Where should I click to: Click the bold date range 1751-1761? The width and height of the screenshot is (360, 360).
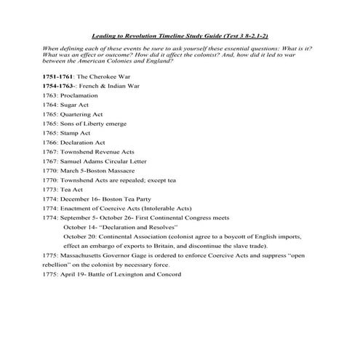coord(59,76)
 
